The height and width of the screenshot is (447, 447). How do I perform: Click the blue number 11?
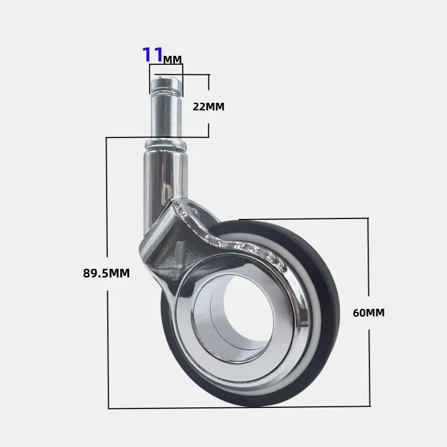pyautogui.click(x=153, y=54)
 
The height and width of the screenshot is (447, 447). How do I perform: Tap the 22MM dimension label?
pyautogui.click(x=208, y=107)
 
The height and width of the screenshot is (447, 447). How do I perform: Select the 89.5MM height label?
pyautogui.click(x=106, y=273)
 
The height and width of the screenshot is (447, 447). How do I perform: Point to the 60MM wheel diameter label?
pyautogui.click(x=369, y=313)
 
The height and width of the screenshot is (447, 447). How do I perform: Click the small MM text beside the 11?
pyautogui.click(x=173, y=59)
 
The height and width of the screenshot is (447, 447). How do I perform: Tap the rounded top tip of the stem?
pyautogui.click(x=166, y=78)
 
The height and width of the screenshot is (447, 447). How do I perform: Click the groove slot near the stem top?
pyautogui.click(x=166, y=91)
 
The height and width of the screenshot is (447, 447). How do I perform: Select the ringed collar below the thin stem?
pyautogui.click(x=166, y=145)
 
